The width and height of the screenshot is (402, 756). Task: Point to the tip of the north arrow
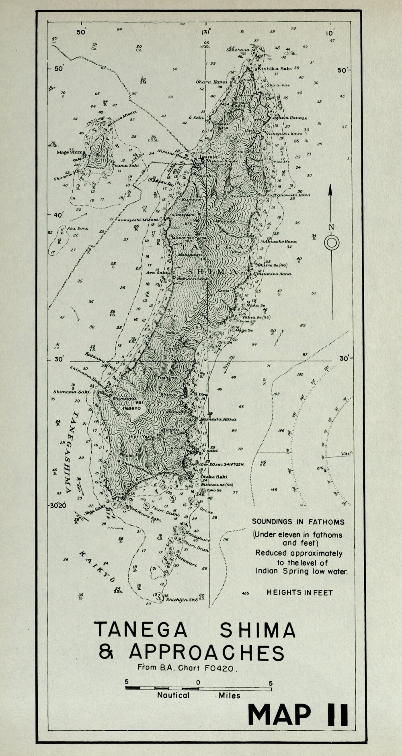[x=330, y=186]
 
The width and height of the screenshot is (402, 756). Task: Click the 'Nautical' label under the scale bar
[x=173, y=695]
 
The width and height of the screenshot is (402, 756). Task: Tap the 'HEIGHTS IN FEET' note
[x=299, y=592]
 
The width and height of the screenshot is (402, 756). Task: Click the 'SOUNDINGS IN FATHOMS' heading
[x=298, y=522]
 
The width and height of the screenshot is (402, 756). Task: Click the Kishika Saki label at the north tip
[x=275, y=69]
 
